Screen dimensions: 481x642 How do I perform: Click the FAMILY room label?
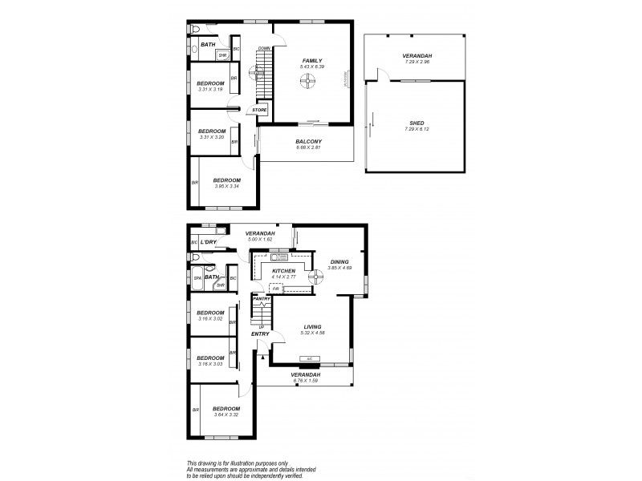[x=311, y=60]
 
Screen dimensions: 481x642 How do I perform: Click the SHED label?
[x=416, y=123]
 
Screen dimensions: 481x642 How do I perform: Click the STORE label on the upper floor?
[x=259, y=110]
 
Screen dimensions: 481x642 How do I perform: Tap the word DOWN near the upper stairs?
[x=263, y=48]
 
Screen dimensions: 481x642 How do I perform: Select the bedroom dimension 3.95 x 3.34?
[x=227, y=186]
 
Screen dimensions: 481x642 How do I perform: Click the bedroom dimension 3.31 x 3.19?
[x=210, y=89]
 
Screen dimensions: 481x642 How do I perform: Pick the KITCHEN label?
[x=284, y=272]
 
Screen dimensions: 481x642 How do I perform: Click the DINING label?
[x=340, y=261]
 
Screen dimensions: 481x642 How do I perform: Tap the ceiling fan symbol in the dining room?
[x=327, y=281]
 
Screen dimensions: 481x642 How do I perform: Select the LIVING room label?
[x=313, y=325]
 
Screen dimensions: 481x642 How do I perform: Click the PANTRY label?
[x=262, y=298]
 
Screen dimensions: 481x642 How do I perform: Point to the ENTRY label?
[x=259, y=333]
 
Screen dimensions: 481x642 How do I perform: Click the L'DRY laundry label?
[x=209, y=241]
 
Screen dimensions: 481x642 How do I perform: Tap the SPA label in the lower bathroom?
[x=197, y=278]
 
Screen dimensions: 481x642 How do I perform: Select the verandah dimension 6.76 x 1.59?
[x=306, y=381]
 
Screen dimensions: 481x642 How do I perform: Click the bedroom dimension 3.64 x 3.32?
[x=226, y=414]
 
